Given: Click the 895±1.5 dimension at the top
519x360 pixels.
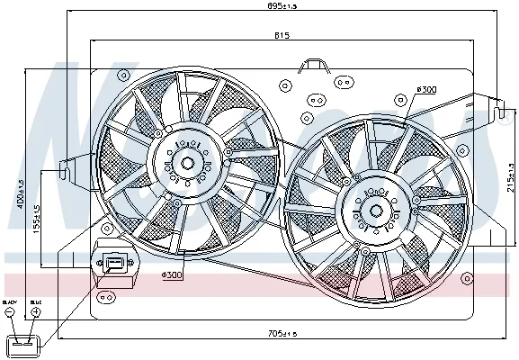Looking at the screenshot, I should (x=282, y=7).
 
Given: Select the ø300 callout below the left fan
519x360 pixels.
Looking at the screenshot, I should (x=173, y=274).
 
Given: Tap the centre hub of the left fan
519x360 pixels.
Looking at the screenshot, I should (x=187, y=163).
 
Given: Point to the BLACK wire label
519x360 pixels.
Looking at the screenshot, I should (x=10, y=302).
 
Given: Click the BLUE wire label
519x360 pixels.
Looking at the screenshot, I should (x=35, y=302).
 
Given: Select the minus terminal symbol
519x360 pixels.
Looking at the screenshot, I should (x=10, y=313).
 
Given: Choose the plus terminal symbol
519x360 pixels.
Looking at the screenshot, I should (x=35, y=313).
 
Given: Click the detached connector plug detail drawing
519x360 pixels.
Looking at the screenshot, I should (x=22, y=345).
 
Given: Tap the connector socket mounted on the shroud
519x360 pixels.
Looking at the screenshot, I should (x=114, y=263).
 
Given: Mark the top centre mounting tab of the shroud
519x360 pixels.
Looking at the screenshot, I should (x=313, y=65).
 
